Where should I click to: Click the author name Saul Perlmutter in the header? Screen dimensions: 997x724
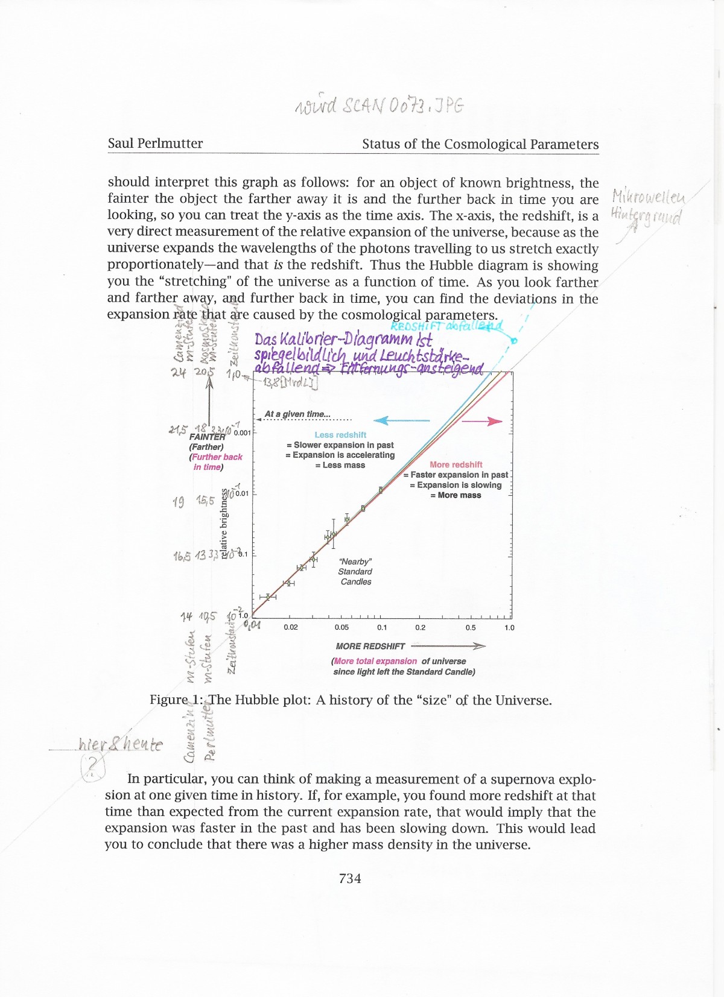[155, 144]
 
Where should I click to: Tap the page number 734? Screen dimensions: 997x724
[350, 878]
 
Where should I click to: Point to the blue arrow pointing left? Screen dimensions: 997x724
[401, 420]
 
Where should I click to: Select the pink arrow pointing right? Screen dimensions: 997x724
[482, 421]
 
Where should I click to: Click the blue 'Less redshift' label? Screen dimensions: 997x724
[340, 435]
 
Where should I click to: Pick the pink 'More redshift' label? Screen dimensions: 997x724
[456, 464]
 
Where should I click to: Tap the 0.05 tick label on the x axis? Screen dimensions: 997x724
[341, 627]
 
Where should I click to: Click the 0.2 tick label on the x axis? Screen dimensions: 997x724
[420, 627]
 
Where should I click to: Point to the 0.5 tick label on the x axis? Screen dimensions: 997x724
[471, 627]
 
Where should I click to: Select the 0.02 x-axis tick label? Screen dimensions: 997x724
[291, 627]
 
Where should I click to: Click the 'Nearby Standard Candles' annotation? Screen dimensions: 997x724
[355, 571]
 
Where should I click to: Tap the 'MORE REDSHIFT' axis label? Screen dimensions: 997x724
[370, 646]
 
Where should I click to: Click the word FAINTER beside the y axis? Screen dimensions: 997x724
[207, 437]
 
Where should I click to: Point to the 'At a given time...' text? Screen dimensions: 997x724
[297, 414]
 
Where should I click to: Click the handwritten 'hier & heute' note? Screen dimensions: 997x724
[121, 744]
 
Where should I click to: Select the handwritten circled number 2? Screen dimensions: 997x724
[92, 767]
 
